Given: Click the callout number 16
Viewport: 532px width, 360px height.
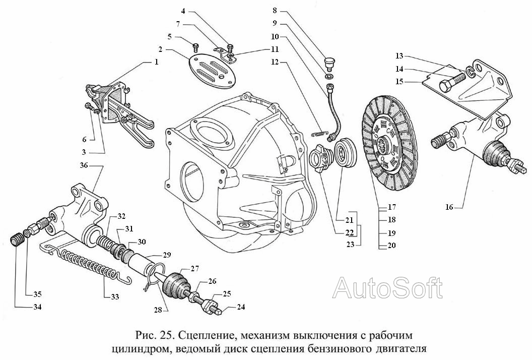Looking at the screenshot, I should point(450,206).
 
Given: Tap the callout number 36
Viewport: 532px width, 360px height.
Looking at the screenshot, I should point(84,165).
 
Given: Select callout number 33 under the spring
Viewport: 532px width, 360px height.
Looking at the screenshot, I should point(115,296).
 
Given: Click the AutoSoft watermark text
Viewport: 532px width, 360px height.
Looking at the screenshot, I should point(388,288).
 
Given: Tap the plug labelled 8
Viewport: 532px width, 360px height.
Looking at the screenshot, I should point(329,63).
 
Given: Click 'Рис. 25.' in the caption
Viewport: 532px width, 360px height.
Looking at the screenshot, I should point(153,335).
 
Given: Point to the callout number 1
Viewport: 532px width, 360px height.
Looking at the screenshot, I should point(156,62).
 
